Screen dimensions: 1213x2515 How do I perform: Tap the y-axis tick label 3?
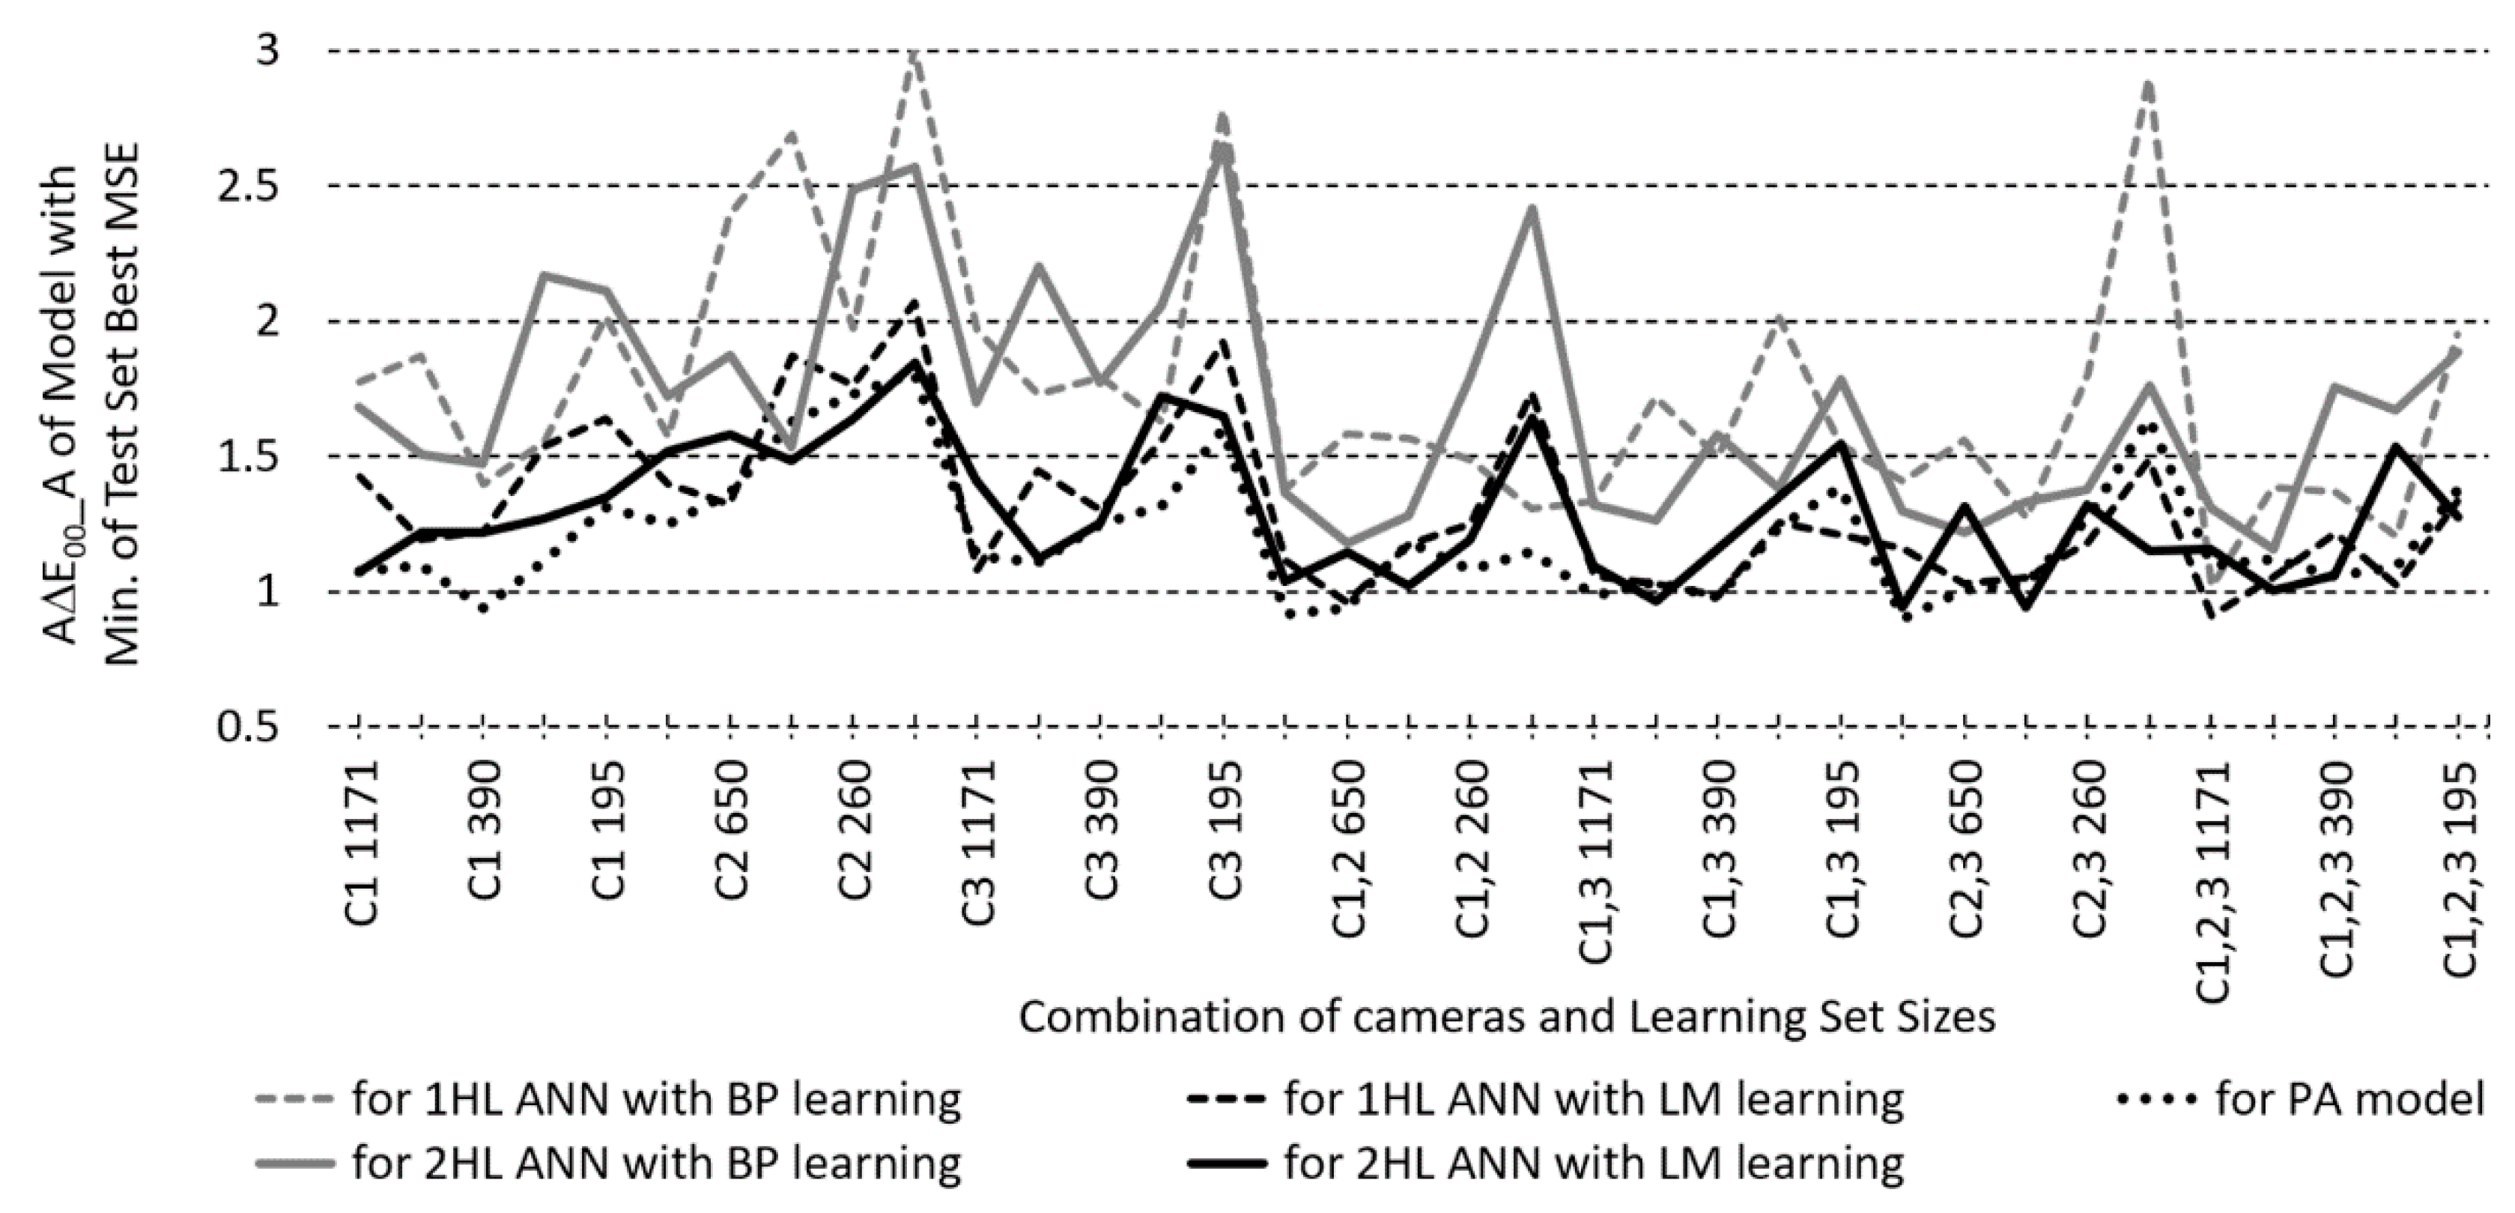tap(267, 51)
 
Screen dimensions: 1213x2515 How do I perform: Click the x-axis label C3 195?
tap(1222, 843)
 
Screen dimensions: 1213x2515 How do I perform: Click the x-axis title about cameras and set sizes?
tap(1506, 1017)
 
